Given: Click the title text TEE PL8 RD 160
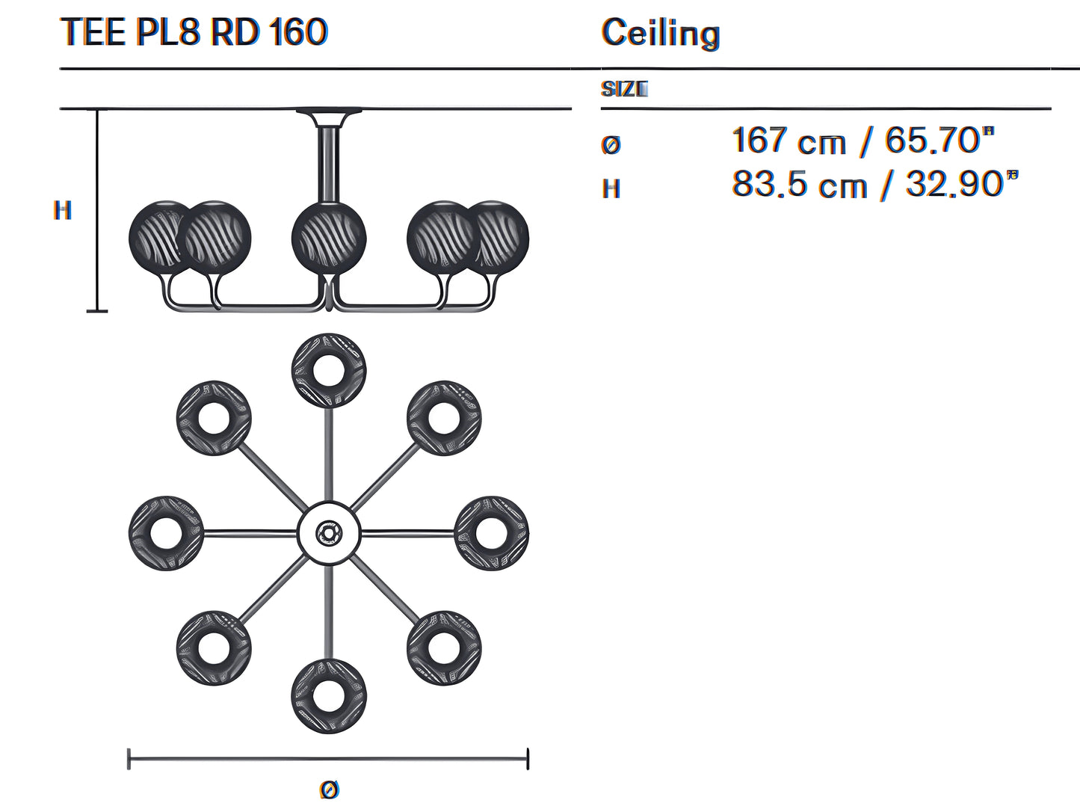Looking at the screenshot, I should [x=194, y=32].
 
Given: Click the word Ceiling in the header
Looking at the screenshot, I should [x=661, y=34].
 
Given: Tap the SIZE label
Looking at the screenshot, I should [x=624, y=89].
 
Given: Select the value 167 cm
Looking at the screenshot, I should [x=789, y=141].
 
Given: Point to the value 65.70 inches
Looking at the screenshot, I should [x=939, y=140].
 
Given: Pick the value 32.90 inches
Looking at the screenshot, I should [x=961, y=184].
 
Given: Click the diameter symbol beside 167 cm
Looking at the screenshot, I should [x=611, y=144].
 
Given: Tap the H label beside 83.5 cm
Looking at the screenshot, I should [x=611, y=188].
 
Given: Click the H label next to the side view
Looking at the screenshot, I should [x=63, y=211].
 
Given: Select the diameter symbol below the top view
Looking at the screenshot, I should [x=329, y=789].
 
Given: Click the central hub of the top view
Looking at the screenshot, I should [x=328, y=533].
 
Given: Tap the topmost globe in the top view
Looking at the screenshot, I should [x=329, y=371].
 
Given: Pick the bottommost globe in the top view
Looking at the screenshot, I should [x=329, y=696].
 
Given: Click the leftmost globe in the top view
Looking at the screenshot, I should [x=166, y=533].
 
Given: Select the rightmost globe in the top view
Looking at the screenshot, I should [x=491, y=533].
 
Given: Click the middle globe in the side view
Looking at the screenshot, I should [x=329, y=237].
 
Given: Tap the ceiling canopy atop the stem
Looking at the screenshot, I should [x=328, y=116].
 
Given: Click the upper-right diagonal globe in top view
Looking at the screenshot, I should [x=444, y=418].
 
